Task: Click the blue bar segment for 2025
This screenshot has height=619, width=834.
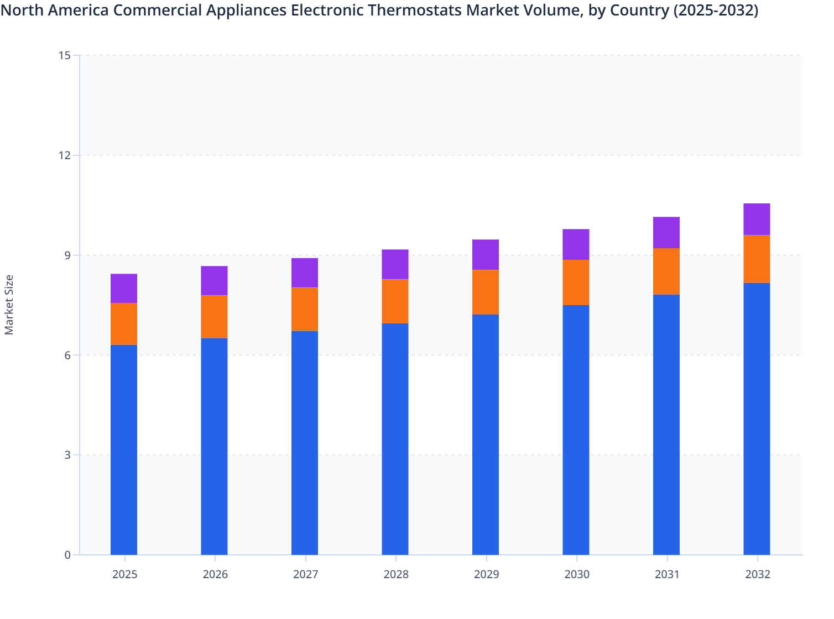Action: point(124,449)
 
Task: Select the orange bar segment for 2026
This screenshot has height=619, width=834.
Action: point(214,317)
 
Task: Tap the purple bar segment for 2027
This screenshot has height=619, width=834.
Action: point(305,273)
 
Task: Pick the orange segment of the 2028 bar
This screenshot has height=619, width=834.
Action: point(395,301)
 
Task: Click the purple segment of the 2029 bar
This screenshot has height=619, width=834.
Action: point(486,255)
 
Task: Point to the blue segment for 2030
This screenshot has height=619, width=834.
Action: point(576,429)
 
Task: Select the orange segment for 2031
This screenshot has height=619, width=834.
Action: point(666,271)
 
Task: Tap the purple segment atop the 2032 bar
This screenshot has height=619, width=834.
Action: point(757,219)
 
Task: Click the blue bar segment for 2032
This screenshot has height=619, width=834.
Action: point(757,418)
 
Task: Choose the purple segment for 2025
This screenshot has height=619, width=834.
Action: point(124,288)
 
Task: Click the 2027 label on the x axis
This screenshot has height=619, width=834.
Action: point(305,574)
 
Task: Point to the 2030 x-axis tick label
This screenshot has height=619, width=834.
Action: point(577,574)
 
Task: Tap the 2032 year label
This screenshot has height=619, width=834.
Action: point(758,574)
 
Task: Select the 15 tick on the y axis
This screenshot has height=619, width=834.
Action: point(64,55)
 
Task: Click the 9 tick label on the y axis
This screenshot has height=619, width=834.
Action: point(67,255)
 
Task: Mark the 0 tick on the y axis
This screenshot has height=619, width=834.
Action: point(67,555)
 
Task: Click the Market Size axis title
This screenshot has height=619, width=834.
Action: point(9,305)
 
